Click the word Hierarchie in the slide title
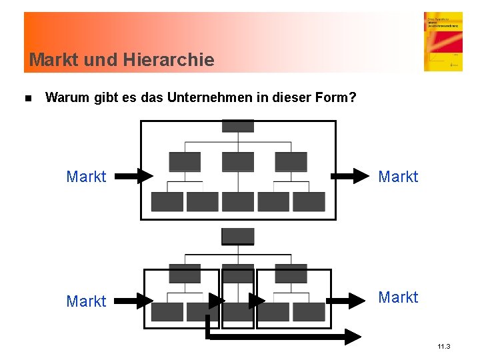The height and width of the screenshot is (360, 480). pyautogui.click(x=169, y=60)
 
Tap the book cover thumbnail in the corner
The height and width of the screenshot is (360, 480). pyautogui.click(x=443, y=41)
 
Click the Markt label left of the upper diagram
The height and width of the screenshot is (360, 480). pyautogui.click(x=86, y=177)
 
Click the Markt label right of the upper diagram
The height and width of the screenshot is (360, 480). pyautogui.click(x=398, y=177)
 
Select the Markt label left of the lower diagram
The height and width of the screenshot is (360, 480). pyautogui.click(x=86, y=301)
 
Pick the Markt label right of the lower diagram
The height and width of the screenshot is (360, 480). pyautogui.click(x=398, y=297)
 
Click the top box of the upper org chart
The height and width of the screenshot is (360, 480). pyautogui.click(x=238, y=126)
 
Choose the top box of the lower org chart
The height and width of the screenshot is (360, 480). pyautogui.click(x=238, y=236)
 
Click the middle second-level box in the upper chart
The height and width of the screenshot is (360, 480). pyautogui.click(x=238, y=162)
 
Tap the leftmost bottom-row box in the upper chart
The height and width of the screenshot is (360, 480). pyautogui.click(x=167, y=202)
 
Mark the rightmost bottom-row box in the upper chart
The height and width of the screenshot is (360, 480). pyautogui.click(x=309, y=202)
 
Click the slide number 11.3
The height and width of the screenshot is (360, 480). pyautogui.click(x=444, y=347)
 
